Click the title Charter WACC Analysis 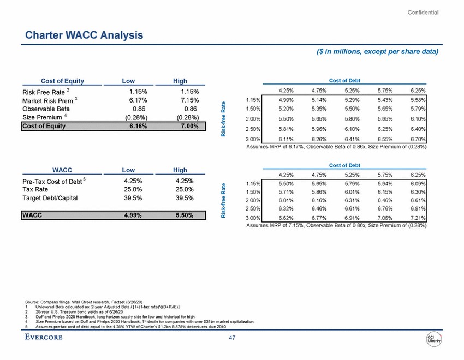point(85,36)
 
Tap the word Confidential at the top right point(423,13)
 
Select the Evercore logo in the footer point(44,337)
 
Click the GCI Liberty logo point(434,338)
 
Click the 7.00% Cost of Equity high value point(187,126)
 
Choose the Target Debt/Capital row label point(50,198)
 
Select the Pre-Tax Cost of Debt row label point(52,181)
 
